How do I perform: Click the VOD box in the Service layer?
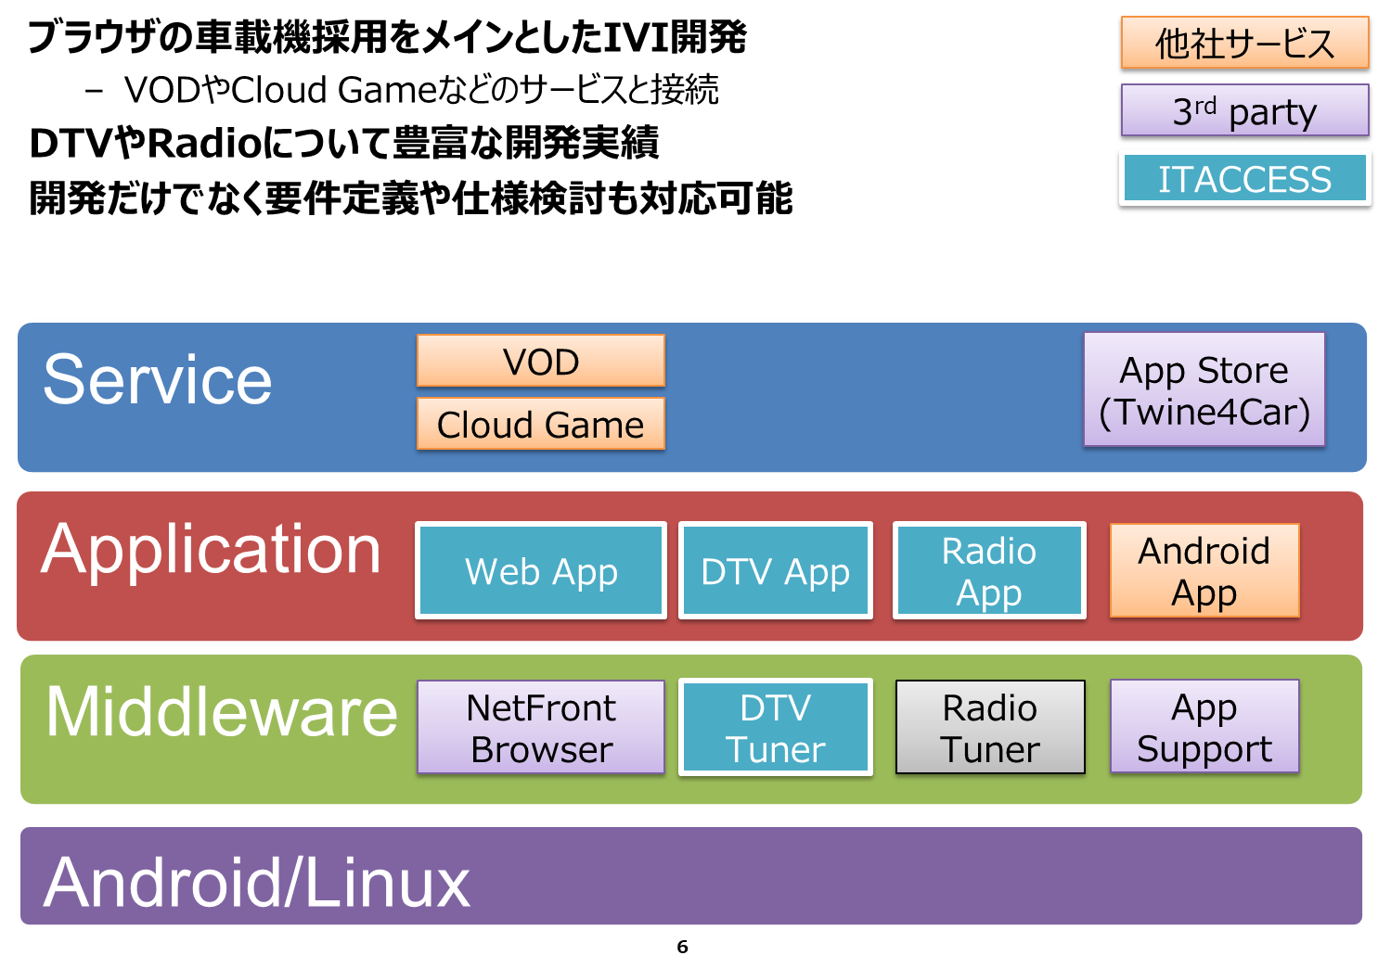(541, 361)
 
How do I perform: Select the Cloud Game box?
(541, 424)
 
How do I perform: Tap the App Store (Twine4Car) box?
(1204, 389)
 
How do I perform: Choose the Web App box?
(541, 570)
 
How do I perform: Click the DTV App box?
(775, 570)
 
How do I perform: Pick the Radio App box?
(989, 570)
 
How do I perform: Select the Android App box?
(1204, 570)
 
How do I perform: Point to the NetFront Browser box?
(541, 727)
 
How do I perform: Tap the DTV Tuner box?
(775, 727)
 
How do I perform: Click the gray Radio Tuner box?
(990, 727)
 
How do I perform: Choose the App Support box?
(1204, 726)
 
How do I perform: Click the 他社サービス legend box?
(1244, 43)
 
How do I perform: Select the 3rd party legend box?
(1244, 110)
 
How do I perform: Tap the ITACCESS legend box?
(1244, 178)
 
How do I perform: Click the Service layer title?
(158, 380)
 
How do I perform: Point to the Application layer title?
(211, 551)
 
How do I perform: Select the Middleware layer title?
(222, 712)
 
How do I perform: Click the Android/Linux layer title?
(256, 883)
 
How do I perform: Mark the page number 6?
(682, 947)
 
